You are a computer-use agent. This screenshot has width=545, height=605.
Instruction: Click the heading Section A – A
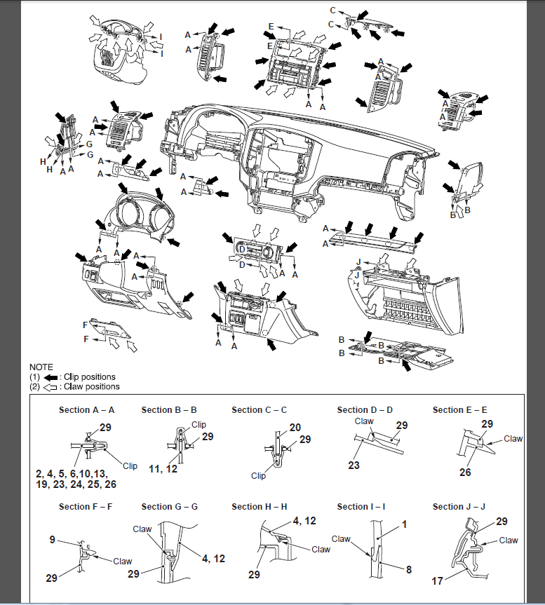[86, 410]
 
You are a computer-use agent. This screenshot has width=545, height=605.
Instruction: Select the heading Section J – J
[459, 507]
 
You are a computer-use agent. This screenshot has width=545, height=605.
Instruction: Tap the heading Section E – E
[459, 410]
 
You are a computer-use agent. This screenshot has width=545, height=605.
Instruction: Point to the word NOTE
[41, 367]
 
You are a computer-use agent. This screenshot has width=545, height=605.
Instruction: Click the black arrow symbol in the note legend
[51, 377]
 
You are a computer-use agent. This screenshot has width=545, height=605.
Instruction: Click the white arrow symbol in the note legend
[51, 387]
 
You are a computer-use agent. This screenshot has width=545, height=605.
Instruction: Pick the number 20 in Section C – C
[295, 428]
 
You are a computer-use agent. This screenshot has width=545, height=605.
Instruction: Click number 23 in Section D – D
[354, 465]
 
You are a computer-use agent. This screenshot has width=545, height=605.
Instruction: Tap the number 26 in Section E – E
[465, 472]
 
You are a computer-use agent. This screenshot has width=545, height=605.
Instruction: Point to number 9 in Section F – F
[53, 539]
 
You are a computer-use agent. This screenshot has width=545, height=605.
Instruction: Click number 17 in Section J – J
[437, 581]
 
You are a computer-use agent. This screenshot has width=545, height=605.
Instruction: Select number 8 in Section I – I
[409, 569]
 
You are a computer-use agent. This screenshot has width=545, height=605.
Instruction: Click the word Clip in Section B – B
[199, 424]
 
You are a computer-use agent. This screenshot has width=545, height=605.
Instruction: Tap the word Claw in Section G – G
[142, 529]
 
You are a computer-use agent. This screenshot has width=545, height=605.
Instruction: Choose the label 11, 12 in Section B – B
[163, 469]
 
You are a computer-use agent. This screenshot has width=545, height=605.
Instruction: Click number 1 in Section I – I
[405, 524]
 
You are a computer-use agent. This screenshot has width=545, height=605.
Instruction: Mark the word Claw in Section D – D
[364, 421]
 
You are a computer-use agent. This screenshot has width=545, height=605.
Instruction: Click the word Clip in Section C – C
[258, 476]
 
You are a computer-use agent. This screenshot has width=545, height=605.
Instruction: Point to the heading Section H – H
[260, 507]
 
